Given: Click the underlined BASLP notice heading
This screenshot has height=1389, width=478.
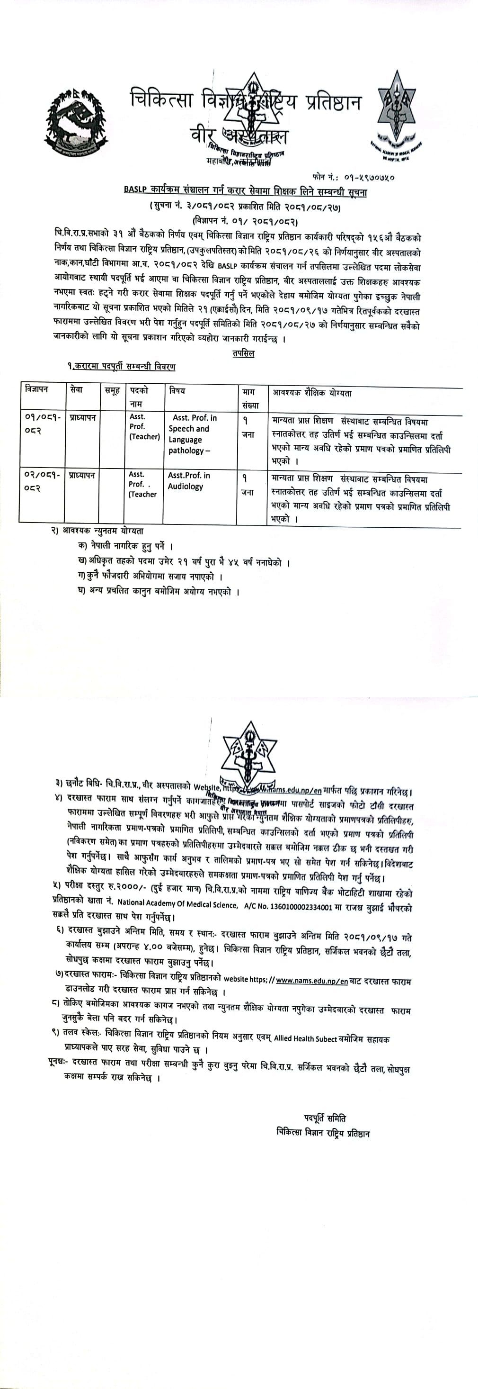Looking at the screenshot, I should [x=245, y=190].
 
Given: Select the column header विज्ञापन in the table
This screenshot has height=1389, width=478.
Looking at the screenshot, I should [x=36, y=389].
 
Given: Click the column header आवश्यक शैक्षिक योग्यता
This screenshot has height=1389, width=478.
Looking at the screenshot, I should [x=312, y=393].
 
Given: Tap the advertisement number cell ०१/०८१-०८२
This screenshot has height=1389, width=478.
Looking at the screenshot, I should [x=42, y=424].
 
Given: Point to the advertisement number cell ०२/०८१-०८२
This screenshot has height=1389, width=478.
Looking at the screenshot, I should [x=42, y=481].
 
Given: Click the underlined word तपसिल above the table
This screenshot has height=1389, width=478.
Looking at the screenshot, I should [x=243, y=354].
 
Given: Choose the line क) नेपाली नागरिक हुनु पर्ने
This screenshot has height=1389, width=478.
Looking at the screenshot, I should [x=125, y=546].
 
